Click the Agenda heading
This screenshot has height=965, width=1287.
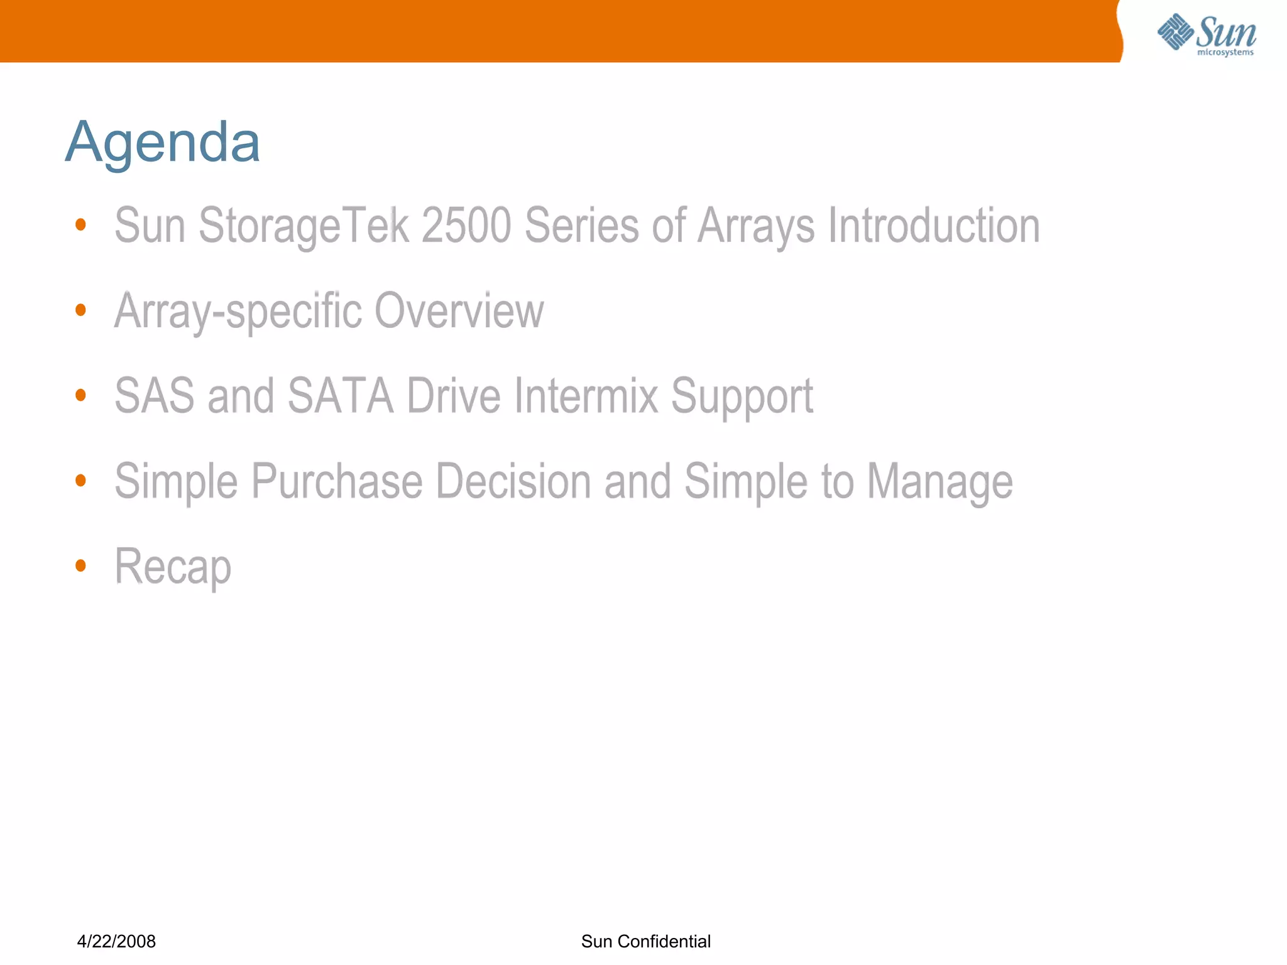(162, 142)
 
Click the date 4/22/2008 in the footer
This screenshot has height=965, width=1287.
(116, 940)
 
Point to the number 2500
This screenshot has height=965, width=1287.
(466, 225)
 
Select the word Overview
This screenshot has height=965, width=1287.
(459, 310)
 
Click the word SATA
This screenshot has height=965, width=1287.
(340, 396)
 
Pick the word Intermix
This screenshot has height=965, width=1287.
(586, 396)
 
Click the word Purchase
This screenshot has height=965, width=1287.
(337, 481)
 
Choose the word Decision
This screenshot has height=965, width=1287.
(513, 481)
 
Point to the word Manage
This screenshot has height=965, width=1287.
(939, 481)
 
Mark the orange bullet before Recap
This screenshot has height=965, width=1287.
(80, 565)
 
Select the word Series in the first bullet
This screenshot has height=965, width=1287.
(581, 225)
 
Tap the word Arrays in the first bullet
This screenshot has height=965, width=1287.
(755, 225)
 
